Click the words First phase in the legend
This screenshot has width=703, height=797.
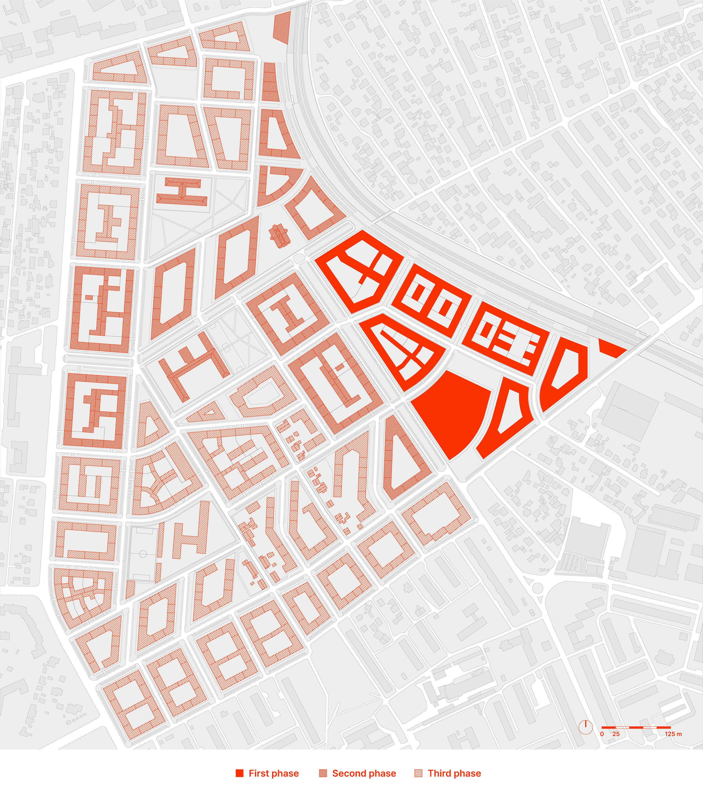[x=274, y=773]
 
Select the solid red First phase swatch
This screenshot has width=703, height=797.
[x=240, y=773]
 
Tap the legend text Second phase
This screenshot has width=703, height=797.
[x=364, y=773]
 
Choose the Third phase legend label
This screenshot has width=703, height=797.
[x=454, y=773]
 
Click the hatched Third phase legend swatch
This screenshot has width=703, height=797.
[x=418, y=773]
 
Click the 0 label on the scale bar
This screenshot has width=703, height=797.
[x=602, y=734]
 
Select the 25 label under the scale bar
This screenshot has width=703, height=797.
[x=616, y=734]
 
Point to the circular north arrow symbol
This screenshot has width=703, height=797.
[x=585, y=727]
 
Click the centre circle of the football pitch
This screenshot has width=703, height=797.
[x=143, y=554]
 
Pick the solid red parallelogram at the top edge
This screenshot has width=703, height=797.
[x=282, y=26]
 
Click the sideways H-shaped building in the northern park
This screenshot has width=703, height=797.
[x=182, y=191]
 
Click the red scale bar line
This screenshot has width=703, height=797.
[x=636, y=727]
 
